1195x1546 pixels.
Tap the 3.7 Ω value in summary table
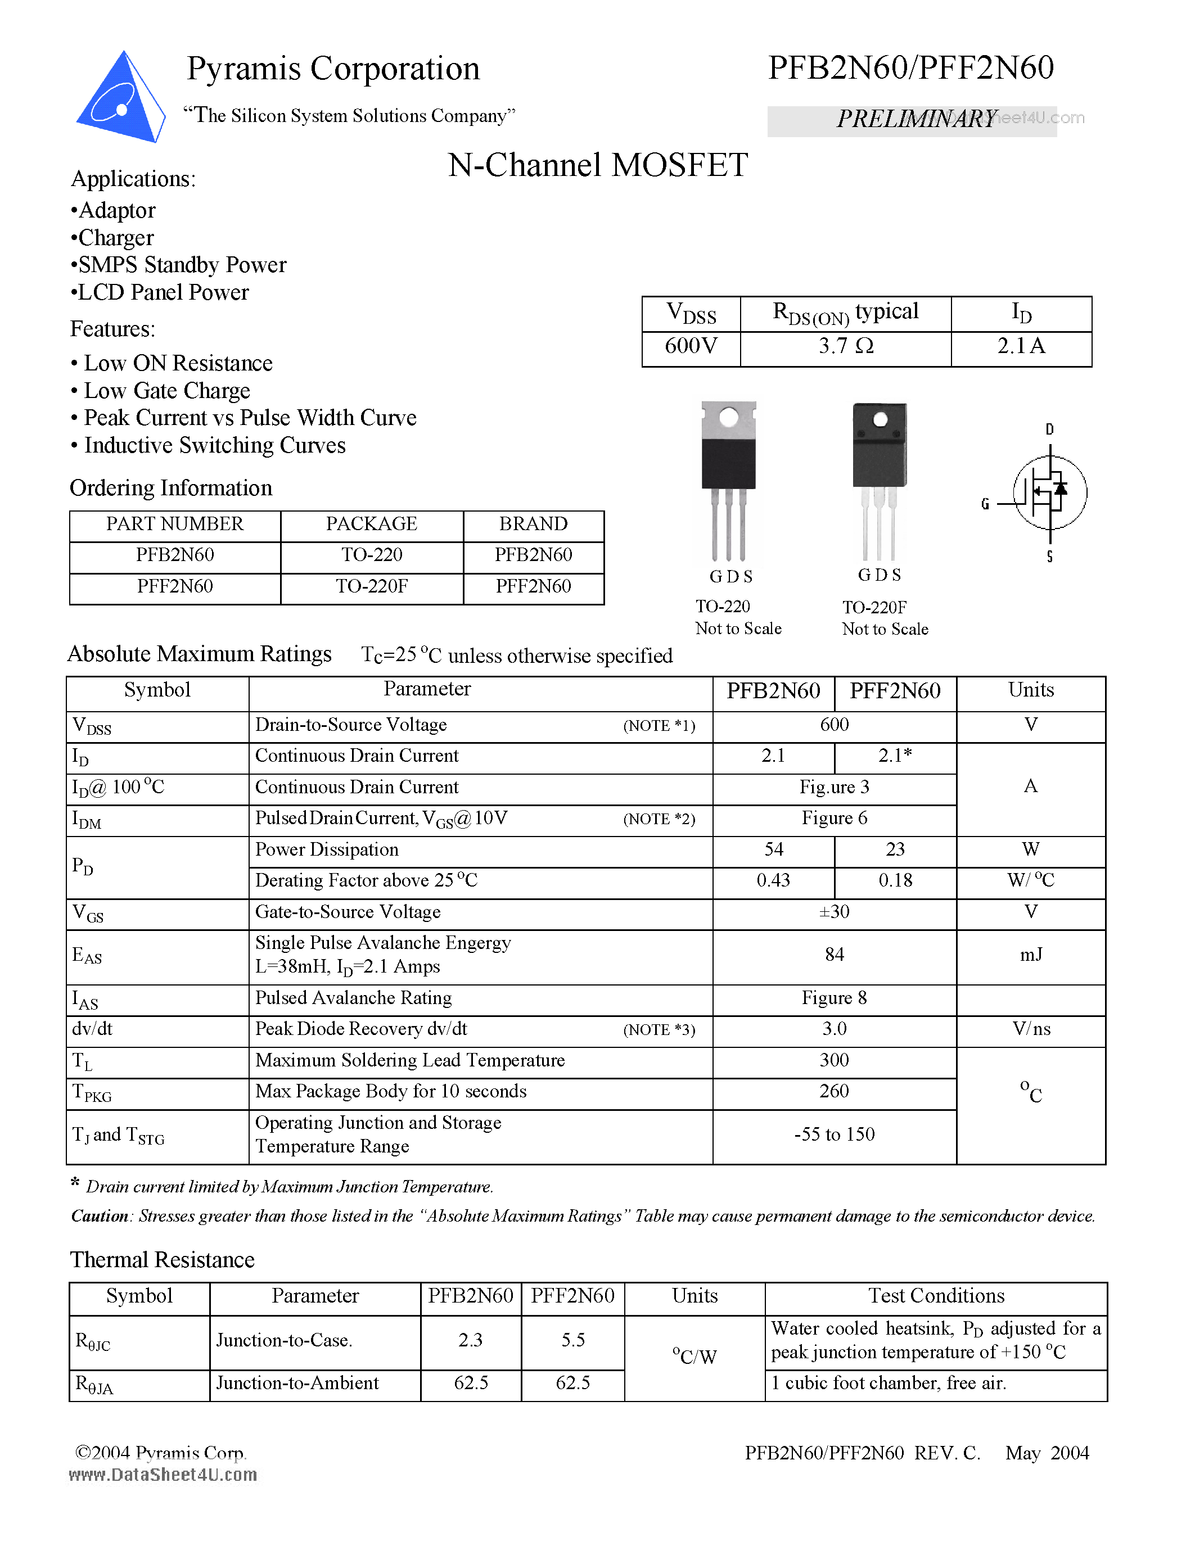(x=845, y=346)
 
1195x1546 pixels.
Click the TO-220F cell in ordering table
(x=372, y=586)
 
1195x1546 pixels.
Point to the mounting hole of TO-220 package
(x=728, y=418)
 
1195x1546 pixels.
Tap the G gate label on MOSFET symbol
(x=985, y=504)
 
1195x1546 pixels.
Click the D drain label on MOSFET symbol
(x=1049, y=429)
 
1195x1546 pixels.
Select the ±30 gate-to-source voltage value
(x=834, y=912)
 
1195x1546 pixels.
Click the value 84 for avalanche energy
(x=834, y=955)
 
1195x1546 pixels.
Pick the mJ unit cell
(x=1030, y=956)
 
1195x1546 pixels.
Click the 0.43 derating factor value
(x=773, y=880)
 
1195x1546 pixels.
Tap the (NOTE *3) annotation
(x=659, y=1030)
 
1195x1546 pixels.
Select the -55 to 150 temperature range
(x=834, y=1134)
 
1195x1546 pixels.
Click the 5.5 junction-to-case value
(x=572, y=1340)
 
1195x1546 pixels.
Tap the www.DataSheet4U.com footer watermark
(x=163, y=1475)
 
